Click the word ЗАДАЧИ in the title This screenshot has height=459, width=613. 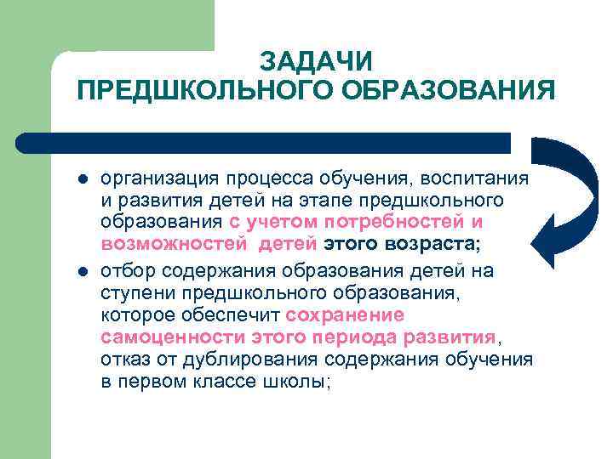coord(316,62)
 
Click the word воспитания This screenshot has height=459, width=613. coord(484,180)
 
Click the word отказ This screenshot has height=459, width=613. coord(125,359)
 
